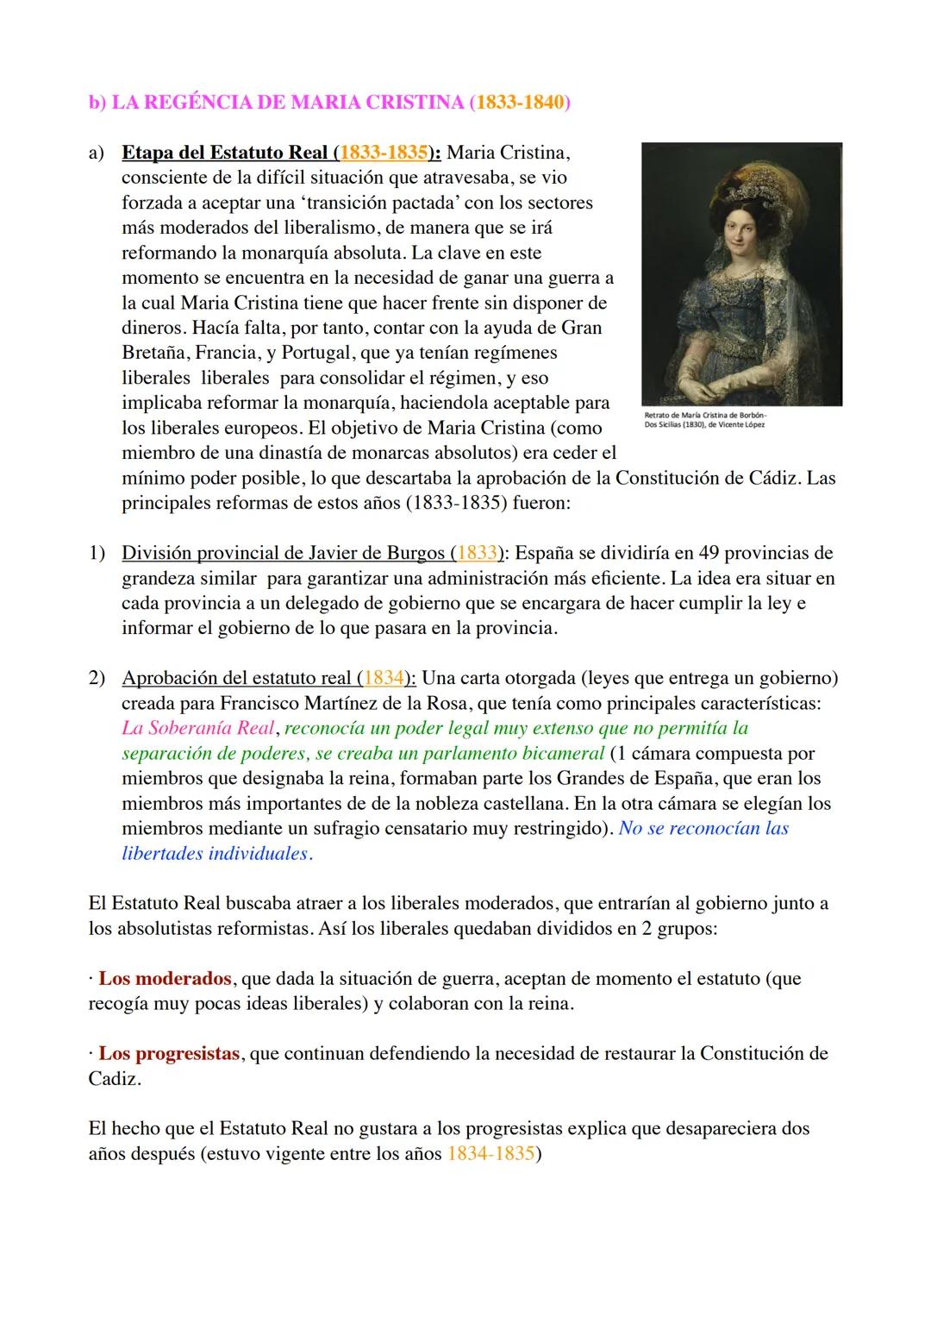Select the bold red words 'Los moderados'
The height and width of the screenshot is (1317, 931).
point(165,979)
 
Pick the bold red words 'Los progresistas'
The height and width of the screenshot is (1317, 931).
point(169,1054)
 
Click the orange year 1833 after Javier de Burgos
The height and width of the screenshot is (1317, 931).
point(477,553)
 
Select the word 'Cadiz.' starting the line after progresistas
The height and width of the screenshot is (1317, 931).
point(115,1079)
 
